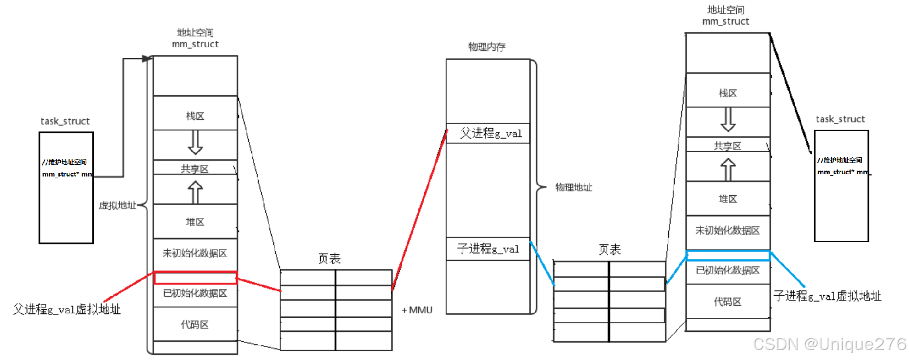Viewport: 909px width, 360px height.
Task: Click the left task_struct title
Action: tap(65, 122)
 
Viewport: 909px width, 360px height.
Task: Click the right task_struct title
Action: tap(840, 119)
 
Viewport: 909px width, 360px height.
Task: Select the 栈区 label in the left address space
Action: tap(195, 116)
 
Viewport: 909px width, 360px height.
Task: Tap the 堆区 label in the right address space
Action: tap(727, 199)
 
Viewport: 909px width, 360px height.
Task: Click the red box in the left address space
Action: tap(195, 278)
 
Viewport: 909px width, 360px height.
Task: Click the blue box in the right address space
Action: tap(728, 255)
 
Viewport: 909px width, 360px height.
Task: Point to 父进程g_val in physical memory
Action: tap(490, 134)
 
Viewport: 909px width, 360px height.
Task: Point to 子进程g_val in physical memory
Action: tap(488, 249)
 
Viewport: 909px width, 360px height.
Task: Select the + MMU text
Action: tap(417, 310)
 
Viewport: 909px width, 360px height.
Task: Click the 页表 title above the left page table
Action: tap(329, 258)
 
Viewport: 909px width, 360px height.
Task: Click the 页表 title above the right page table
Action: tap(609, 250)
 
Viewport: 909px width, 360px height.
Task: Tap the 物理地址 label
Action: tap(573, 188)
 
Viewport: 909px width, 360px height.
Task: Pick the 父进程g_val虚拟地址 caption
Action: tap(67, 310)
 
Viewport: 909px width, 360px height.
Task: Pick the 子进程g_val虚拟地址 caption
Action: tap(827, 296)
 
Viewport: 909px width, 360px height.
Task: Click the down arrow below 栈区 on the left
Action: tap(195, 142)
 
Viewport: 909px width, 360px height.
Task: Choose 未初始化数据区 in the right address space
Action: tap(727, 231)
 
